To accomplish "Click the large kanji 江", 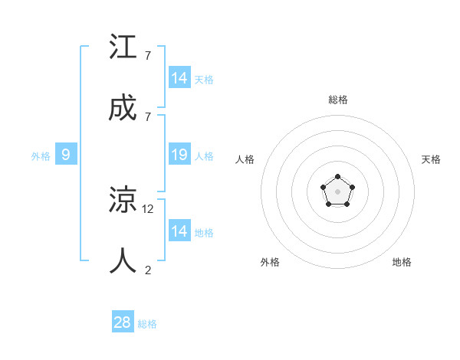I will click(123, 47).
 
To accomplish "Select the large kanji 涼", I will click(123, 201).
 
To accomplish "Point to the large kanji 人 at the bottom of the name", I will click(123, 260).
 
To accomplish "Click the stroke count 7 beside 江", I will click(147, 56).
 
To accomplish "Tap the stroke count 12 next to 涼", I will click(149, 208).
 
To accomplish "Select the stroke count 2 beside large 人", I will click(147, 269).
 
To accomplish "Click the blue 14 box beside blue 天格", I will click(179, 78).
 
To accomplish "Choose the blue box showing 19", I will click(179, 155).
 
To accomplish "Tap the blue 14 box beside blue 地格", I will click(179, 231).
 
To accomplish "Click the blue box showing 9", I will click(66, 155).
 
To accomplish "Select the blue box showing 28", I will click(123, 322).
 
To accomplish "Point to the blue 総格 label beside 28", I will click(147, 324).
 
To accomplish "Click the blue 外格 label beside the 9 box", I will click(41, 156).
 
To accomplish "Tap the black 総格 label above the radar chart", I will click(337, 100).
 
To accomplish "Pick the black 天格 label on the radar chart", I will click(432, 159).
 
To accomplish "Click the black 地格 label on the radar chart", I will click(402, 262).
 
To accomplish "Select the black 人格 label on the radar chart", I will click(245, 159).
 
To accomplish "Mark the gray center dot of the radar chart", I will click(337, 191).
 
